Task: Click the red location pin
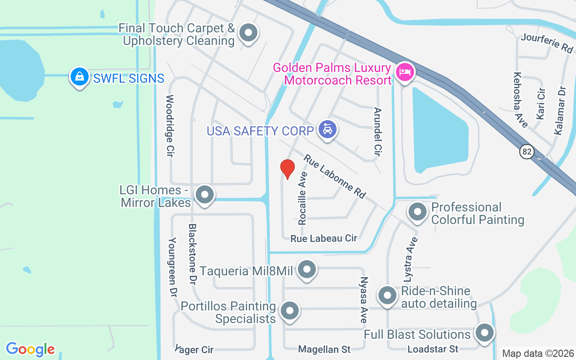coord(288,169)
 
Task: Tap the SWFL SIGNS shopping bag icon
coord(80,77)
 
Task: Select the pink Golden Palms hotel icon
coord(405,72)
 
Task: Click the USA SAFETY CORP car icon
coord(328,130)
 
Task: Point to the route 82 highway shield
coord(527,151)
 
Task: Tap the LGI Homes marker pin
coord(205,195)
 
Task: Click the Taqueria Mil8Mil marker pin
coord(307,270)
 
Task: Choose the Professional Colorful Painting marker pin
coord(418,211)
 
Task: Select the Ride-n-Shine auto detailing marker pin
coord(387,296)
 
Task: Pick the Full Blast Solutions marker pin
coord(485,333)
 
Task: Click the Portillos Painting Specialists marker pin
coord(290,311)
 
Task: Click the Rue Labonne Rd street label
coord(334,176)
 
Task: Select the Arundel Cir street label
coord(378,132)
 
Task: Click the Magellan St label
coord(324,349)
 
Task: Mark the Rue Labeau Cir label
coord(324,238)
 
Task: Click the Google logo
coord(31,349)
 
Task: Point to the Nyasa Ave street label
coord(364,300)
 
